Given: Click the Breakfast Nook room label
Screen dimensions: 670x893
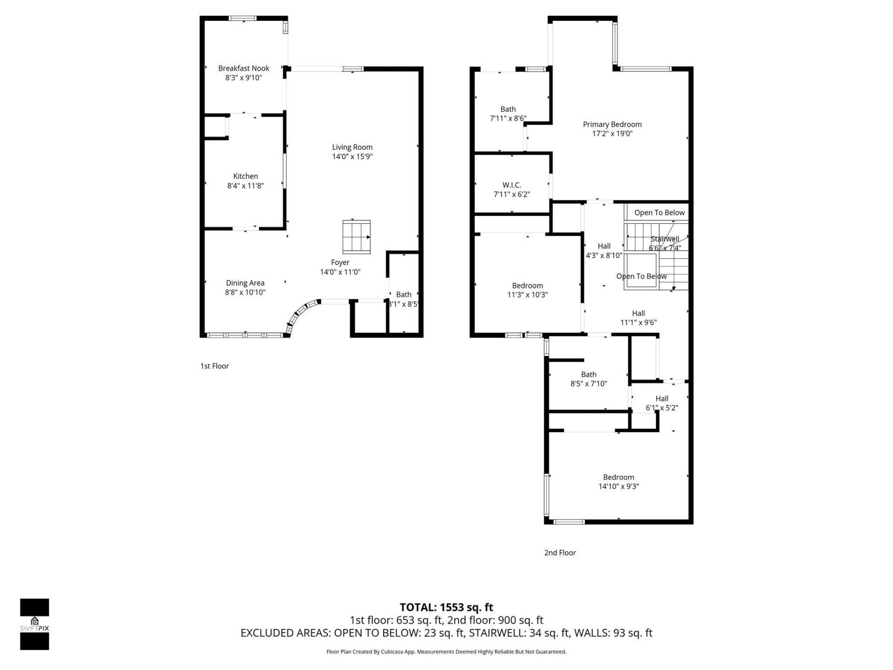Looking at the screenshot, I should [x=244, y=68].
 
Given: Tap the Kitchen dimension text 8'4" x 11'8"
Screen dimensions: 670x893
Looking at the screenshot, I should [x=245, y=186].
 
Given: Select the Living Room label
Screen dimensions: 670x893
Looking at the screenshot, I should [x=352, y=147].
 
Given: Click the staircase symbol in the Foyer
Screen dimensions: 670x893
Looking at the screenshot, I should [x=357, y=237].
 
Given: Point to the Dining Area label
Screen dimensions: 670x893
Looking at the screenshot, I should [x=245, y=283].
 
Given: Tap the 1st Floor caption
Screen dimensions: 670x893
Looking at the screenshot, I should [x=214, y=366].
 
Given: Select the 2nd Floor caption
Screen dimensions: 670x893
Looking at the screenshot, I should [x=560, y=553].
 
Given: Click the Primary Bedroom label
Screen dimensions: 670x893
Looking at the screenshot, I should [x=612, y=124].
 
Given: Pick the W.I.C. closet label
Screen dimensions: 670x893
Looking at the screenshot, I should [x=512, y=185].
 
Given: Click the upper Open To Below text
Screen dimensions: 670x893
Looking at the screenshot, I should [x=659, y=213].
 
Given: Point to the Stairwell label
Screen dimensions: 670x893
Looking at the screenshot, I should [x=665, y=239].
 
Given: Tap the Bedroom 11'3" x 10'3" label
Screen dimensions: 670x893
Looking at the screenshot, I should [x=527, y=286].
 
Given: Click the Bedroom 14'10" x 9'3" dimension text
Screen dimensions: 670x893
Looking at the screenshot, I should [x=619, y=487].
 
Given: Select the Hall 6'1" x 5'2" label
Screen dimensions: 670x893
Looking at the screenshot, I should [x=662, y=399].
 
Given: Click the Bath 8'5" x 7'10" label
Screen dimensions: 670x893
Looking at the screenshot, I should [x=588, y=375].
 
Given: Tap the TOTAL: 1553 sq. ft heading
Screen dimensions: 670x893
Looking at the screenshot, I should [x=446, y=607].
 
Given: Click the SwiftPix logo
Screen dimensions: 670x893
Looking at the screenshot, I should [x=34, y=624].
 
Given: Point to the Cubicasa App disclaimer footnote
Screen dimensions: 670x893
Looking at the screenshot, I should [x=446, y=652].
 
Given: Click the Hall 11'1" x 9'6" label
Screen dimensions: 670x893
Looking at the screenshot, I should [x=638, y=314].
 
